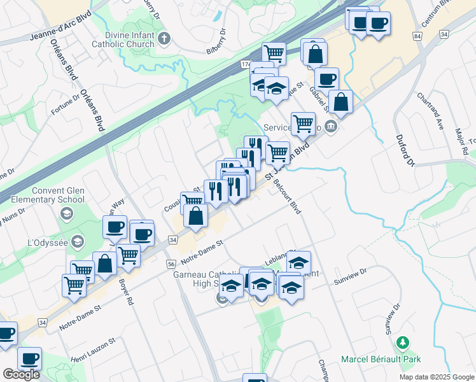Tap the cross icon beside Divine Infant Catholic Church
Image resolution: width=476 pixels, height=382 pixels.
(164, 39)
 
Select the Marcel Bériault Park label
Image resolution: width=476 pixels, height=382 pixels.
(381, 360)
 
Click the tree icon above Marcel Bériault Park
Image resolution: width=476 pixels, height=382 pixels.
(402, 344)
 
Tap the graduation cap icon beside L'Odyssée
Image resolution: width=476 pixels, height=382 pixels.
(78, 241)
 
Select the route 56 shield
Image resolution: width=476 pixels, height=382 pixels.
(171, 263)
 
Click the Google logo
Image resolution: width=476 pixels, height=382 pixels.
(21, 374)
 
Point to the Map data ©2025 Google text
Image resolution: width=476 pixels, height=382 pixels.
(437, 377)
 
